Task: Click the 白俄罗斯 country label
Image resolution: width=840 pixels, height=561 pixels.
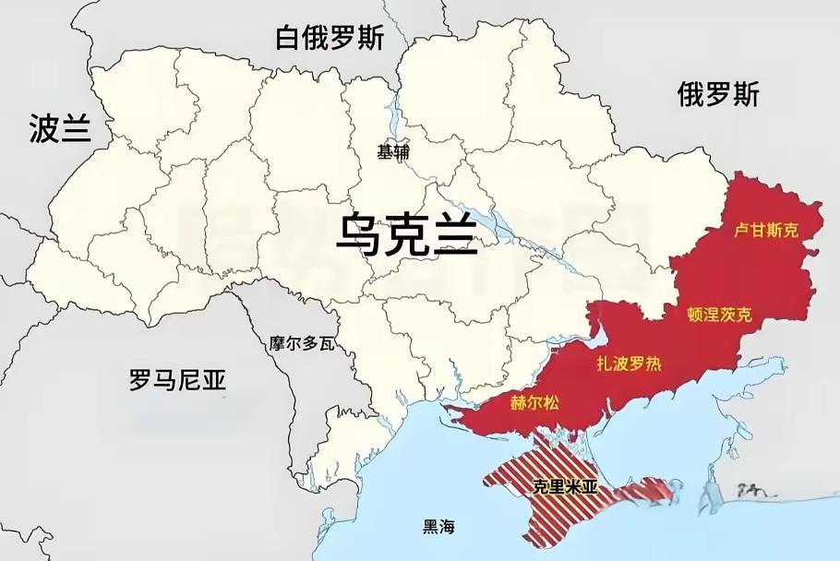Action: pos(330,38)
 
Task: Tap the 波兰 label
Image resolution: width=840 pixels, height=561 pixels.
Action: pos(60,129)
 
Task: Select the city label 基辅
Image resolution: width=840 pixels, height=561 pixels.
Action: pos(393,152)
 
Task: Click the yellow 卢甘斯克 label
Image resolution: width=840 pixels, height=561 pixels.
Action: pos(765,230)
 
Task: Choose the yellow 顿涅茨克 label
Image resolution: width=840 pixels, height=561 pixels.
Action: pos(719,315)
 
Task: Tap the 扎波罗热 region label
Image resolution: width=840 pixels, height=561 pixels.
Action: pos(630,363)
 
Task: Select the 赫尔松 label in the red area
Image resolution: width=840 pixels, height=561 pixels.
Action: pos(534,402)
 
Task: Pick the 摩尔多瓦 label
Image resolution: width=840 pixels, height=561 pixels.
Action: pos(301,344)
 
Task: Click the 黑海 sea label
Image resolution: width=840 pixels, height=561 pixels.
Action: pos(439,527)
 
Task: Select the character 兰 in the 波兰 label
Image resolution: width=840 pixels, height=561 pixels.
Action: pos(76,129)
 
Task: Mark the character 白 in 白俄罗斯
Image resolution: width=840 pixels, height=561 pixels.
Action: pos(289,38)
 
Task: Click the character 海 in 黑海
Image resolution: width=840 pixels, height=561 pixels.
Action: pos(448,527)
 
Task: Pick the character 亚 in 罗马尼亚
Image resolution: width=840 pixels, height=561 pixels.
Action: pos(214,379)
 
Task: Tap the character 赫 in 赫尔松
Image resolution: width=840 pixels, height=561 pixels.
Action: pos(518,402)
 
